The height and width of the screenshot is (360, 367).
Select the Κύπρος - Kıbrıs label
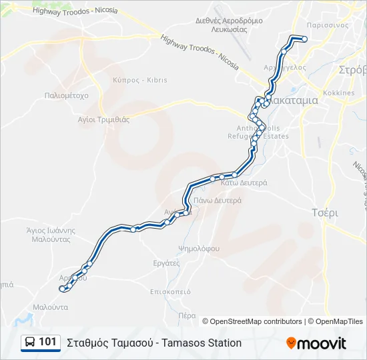pyautogui.click(x=140, y=80)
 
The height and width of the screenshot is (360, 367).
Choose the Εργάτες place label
pyautogui.click(x=166, y=263)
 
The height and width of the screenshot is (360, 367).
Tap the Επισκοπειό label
pyautogui.click(x=171, y=291)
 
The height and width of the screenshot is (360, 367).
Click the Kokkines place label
pyautogui.click(x=338, y=93)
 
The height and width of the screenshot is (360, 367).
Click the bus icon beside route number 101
pyautogui.click(x=30, y=343)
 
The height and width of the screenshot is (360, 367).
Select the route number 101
pyautogui.click(x=47, y=342)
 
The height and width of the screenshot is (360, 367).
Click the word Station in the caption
pyautogui.click(x=223, y=343)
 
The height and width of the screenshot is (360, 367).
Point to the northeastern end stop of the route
pyautogui.click(x=304, y=39)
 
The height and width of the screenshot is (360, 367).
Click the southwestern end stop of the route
pyautogui.click(x=62, y=289)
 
